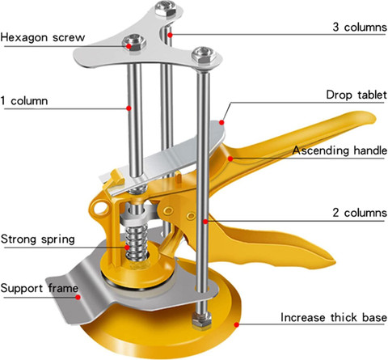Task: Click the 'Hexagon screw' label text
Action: coord(43,37)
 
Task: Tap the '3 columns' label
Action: coord(360,28)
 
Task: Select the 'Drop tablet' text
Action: coord(356,95)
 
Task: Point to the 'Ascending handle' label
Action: coord(339,150)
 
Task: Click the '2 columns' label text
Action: coord(360,213)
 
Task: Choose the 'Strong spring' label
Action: coord(38,239)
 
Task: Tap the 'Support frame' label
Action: coord(40,288)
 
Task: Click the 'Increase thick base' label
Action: coord(334,317)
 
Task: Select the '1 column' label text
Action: coord(24,101)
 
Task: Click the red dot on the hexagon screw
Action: coord(129,46)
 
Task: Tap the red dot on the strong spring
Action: coord(127,248)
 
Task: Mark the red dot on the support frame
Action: coord(78,297)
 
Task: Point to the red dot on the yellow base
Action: coord(236,324)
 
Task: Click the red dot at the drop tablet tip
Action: coord(221,123)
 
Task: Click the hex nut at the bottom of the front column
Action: coord(201,320)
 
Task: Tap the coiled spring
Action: coord(137,244)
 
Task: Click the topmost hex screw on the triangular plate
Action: coord(166,8)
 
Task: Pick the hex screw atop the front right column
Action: coord(204,56)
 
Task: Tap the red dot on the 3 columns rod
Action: coord(170,35)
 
